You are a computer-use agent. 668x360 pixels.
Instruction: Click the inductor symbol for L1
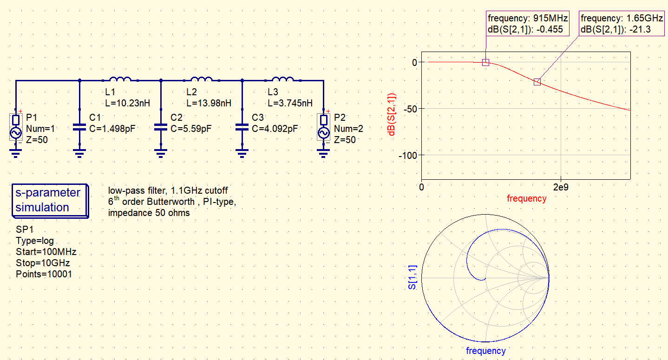pyautogui.click(x=120, y=80)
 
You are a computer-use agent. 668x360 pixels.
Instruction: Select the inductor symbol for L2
pyautogui.click(x=202, y=80)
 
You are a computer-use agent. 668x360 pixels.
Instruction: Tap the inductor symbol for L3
pyautogui.click(x=283, y=80)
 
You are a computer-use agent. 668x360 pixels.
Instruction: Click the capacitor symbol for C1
pyautogui.click(x=79, y=127)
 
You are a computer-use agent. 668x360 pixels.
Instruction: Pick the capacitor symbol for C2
pyautogui.click(x=161, y=127)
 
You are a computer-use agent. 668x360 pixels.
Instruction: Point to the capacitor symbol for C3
pyautogui.click(x=242, y=127)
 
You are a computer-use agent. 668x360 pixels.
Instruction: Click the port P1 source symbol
pyautogui.click(x=16, y=127)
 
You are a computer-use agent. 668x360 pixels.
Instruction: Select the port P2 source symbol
pyautogui.click(x=323, y=127)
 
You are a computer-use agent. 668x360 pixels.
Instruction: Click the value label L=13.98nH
pyautogui.click(x=209, y=103)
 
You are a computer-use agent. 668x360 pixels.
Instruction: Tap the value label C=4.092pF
pyautogui.click(x=275, y=129)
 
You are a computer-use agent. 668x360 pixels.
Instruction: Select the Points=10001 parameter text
pyautogui.click(x=44, y=274)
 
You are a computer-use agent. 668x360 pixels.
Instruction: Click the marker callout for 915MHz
pyautogui.click(x=527, y=24)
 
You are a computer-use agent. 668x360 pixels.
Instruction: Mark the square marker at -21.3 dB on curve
pyautogui.click(x=537, y=82)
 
